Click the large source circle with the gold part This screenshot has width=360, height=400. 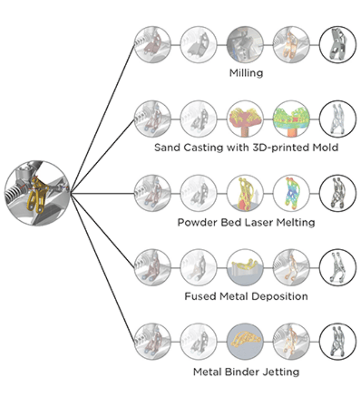(37, 193)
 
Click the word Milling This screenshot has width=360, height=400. (246, 73)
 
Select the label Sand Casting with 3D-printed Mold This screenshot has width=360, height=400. (246, 148)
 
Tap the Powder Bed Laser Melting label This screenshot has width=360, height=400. (246, 222)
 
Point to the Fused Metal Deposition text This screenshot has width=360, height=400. (246, 296)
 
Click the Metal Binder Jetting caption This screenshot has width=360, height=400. (246, 372)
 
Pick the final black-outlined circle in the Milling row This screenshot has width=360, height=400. (337, 44)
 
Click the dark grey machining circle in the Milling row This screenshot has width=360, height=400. (245, 44)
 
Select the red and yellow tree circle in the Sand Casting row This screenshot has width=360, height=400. (245, 118)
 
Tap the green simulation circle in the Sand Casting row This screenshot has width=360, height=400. (291, 118)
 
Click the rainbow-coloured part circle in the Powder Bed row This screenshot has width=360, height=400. (291, 193)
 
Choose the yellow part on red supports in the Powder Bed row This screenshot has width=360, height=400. (245, 193)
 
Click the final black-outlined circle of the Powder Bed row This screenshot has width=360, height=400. (337, 193)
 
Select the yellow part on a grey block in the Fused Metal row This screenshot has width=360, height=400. (245, 267)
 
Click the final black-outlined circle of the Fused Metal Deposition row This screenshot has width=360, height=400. (337, 267)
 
